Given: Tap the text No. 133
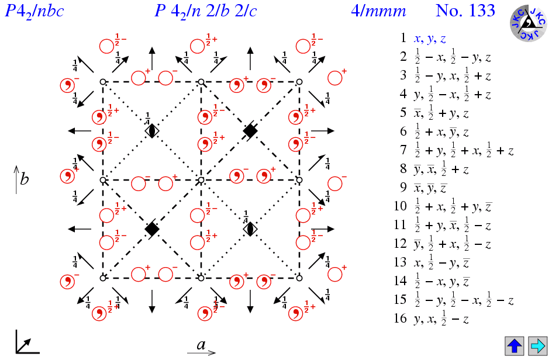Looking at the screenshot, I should tap(465, 11).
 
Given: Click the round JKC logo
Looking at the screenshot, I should tap(527, 25).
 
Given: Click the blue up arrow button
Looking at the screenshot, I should tap(515, 345).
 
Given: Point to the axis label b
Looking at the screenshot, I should tap(24, 179).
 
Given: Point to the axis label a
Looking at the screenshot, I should tap(201, 345).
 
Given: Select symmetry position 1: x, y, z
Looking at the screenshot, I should tap(430, 39).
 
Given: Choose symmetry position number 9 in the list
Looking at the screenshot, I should tap(430, 188).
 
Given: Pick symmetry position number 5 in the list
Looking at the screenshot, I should tap(436, 113).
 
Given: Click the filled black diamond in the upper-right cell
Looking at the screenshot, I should tap(250, 131).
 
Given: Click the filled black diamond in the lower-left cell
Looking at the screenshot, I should tap(152, 229).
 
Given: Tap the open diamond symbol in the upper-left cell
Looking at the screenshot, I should tap(152, 131).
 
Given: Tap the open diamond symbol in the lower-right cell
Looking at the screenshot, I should tap(250, 229).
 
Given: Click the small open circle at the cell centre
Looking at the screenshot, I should tap(201, 180).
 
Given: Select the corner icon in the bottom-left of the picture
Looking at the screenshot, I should tap(27, 342).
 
